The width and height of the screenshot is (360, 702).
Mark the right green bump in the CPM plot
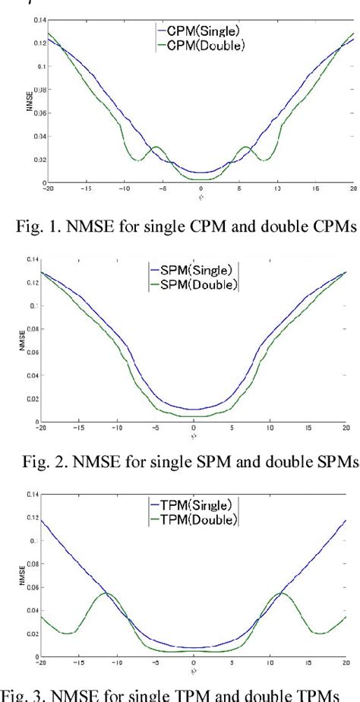click(x=246, y=147)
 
